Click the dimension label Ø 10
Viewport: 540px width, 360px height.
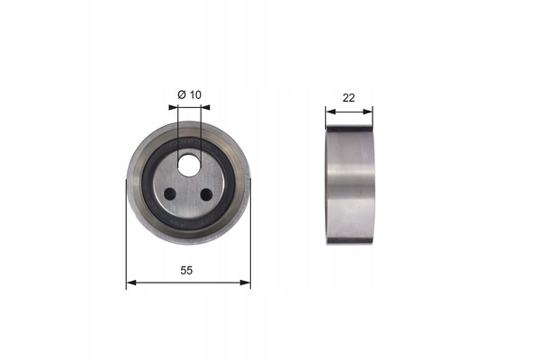pos(189,94)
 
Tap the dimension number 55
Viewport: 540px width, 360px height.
pos(186,270)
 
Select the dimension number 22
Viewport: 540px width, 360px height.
pos(348,98)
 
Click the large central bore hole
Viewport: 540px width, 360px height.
pos(189,165)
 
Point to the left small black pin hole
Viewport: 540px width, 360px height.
pos(170,194)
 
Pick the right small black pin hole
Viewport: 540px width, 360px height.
pos(206,194)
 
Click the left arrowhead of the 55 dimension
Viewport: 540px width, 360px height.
pos(131,283)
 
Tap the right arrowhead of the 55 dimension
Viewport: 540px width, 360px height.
pos(245,283)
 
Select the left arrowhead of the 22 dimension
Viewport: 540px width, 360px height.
pos(330,112)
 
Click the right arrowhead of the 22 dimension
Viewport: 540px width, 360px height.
pos(368,112)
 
